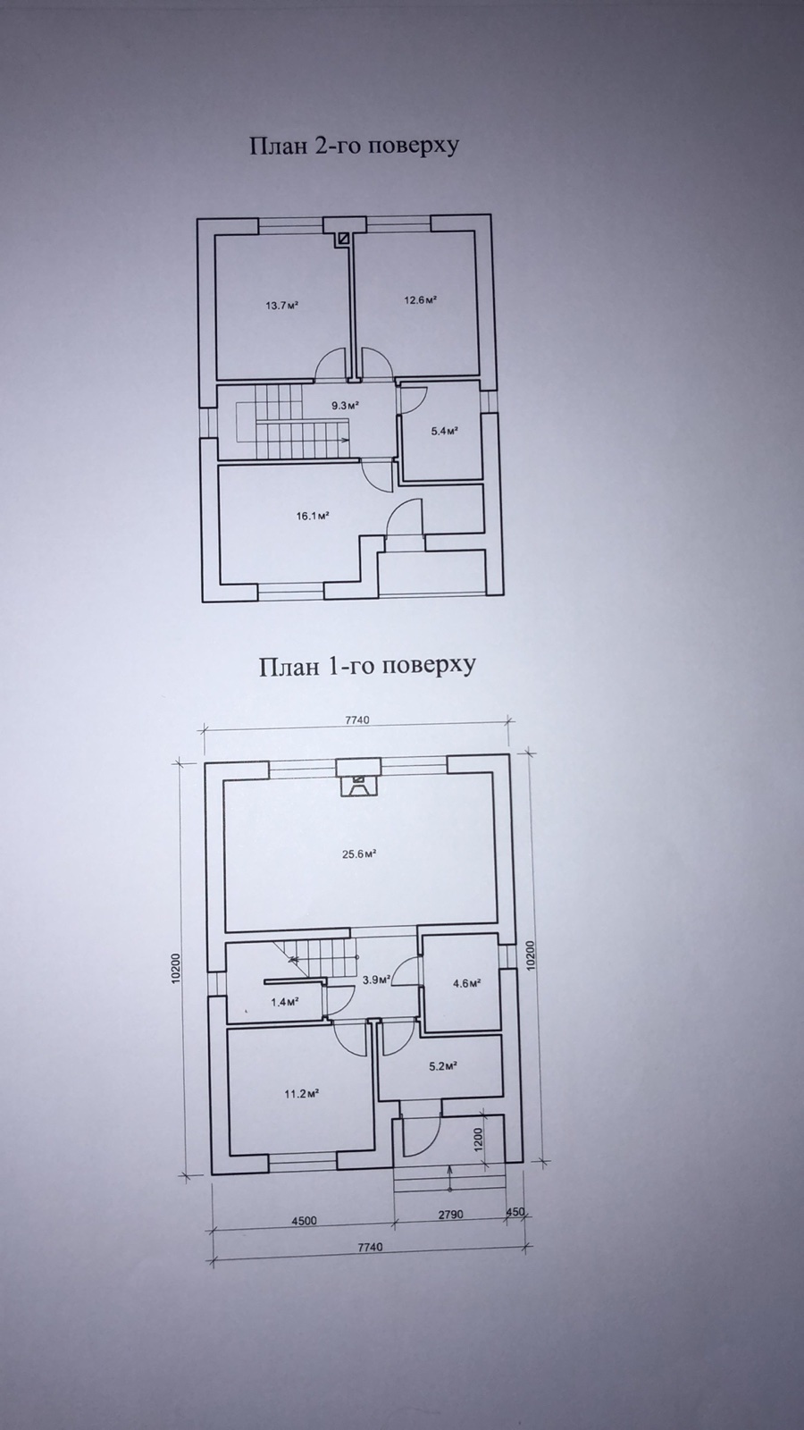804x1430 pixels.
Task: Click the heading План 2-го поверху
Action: click(354, 147)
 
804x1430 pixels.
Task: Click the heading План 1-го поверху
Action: click(367, 667)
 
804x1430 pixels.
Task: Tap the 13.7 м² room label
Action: click(282, 305)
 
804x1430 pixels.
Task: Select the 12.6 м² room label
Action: click(420, 299)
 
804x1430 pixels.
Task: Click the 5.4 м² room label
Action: click(446, 431)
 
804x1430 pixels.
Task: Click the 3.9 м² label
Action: click(375, 980)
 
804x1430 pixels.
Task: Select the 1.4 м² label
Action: click(285, 1002)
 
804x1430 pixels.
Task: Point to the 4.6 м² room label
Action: click(466, 983)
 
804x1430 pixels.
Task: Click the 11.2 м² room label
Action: click(301, 1094)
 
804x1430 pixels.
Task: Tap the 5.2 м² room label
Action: click(443, 1064)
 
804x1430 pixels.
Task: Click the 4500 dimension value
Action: click(304, 1221)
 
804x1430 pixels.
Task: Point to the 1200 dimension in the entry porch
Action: click(479, 1139)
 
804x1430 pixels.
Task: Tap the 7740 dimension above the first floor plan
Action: click(357, 720)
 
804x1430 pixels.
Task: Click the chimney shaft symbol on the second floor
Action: click(345, 238)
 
